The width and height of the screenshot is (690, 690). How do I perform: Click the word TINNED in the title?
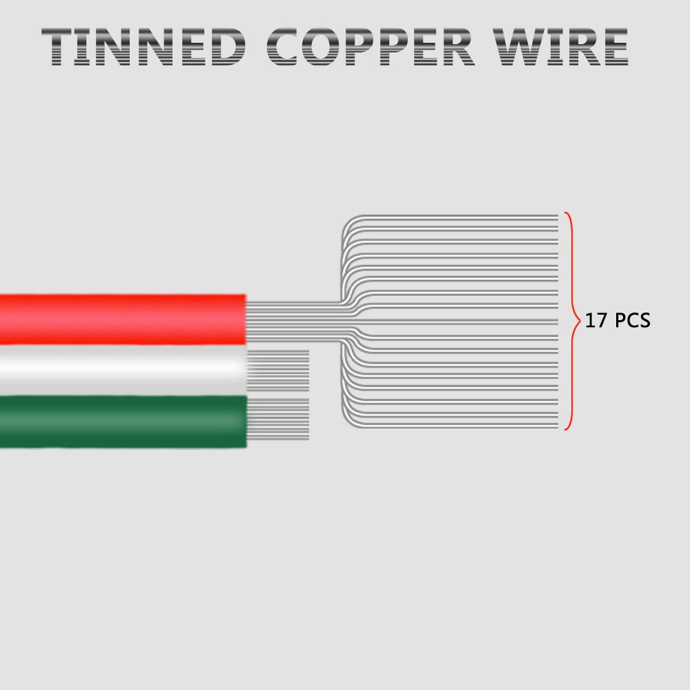tap(144, 47)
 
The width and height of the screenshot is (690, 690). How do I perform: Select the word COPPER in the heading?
tap(371, 47)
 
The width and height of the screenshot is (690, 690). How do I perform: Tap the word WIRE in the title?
tap(560, 47)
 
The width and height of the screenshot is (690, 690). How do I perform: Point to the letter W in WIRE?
tap(520, 47)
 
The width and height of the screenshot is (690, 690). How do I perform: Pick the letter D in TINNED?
tap(228, 47)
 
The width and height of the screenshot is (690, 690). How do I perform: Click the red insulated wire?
tap(123, 319)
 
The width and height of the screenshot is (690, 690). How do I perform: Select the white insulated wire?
tap(123, 370)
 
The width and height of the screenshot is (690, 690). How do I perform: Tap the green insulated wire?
tap(123, 421)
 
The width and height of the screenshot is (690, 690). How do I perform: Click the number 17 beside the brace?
tap(596, 320)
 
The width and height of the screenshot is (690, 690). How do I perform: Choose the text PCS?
tap(632, 320)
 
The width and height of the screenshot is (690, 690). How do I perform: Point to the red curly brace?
tap(573, 321)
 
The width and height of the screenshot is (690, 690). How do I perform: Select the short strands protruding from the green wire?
tap(278, 419)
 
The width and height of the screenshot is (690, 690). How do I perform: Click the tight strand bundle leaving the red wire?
tap(294, 320)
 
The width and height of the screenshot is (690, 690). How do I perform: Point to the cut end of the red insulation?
tap(245, 319)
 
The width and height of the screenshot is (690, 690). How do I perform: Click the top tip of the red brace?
tap(566, 213)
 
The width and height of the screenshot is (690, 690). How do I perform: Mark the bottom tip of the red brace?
tap(566, 429)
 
